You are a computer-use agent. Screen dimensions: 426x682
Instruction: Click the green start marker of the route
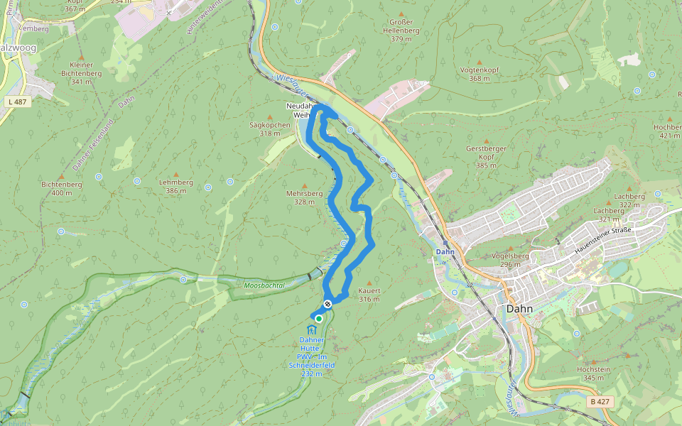pos(319,319)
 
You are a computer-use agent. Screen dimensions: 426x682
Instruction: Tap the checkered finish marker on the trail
pos(328,304)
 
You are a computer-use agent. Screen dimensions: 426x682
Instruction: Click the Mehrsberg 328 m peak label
pos(304,197)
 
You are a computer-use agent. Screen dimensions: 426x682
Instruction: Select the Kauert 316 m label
pos(369,295)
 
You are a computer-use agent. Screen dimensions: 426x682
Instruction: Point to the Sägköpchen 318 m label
pos(270,129)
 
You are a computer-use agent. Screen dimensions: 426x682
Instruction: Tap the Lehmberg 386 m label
pos(175,187)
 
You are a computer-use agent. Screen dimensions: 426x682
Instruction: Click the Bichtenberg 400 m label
pos(62,188)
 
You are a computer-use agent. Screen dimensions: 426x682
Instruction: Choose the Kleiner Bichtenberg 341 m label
pos(82,73)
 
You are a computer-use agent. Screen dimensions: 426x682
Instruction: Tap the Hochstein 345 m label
pos(593,374)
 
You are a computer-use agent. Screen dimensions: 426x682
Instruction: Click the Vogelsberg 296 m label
pos(511,260)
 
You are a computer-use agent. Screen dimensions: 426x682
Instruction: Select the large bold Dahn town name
pos(520,309)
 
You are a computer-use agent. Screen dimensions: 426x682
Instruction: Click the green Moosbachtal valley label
pos(264,285)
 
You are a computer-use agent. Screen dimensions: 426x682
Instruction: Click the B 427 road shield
pos(600,402)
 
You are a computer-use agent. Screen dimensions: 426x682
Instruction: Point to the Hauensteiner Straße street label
pos(603,239)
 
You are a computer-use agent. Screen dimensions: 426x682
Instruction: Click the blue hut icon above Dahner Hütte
pos(312,330)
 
